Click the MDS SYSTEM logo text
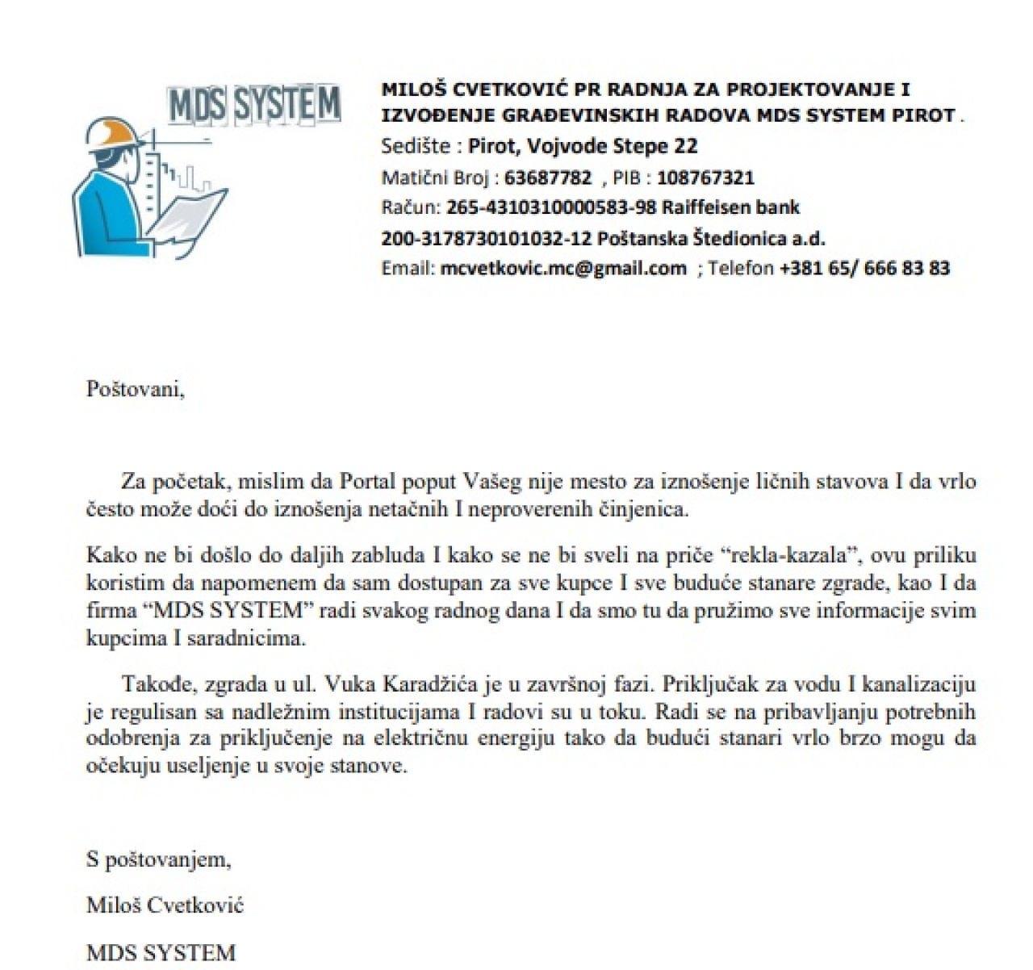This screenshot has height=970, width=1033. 254,105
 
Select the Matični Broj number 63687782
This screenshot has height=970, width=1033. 548,178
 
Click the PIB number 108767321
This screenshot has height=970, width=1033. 705,178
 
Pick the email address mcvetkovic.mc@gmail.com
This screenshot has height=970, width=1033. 563,268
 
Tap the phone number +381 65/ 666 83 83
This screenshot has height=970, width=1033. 864,268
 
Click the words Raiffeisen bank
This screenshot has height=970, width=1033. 731,207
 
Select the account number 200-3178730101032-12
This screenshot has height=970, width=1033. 487,238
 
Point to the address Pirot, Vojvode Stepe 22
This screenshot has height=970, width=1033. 583,146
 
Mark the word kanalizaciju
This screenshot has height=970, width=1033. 919,684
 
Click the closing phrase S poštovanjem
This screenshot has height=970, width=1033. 159,859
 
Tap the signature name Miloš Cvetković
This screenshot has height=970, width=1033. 165,905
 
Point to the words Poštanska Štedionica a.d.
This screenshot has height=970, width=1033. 711,238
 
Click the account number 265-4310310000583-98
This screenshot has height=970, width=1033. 551,207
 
